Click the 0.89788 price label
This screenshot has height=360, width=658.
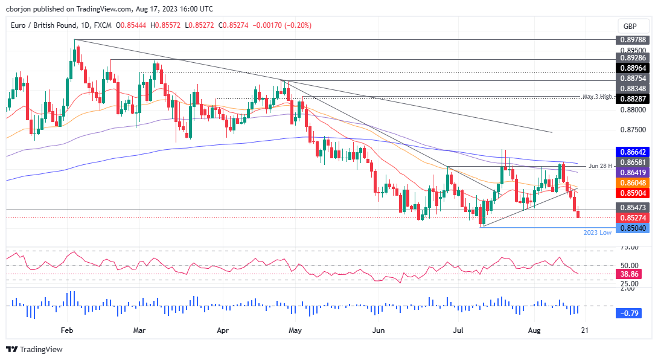pos(631,40)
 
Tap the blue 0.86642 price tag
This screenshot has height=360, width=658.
pos(631,153)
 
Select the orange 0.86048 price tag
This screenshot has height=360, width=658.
pos(631,182)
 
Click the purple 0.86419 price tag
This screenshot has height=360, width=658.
pos(631,172)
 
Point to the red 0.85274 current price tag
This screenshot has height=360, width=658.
pos(631,217)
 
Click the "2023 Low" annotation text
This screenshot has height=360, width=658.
pos(598,233)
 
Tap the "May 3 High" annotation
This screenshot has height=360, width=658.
pos(598,97)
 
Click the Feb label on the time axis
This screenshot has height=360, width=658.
pos(66,330)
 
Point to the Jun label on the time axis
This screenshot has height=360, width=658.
pos(378,330)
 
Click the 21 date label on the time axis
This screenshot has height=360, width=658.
pos(584,330)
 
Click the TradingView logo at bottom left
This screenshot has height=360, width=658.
pos(34,349)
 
